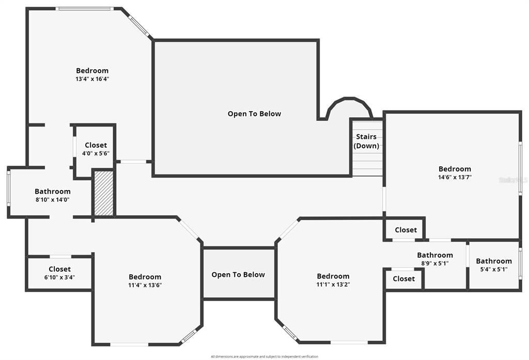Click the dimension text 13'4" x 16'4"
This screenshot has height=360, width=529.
[x=92, y=79]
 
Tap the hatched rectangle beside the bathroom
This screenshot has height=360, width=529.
[x=103, y=193]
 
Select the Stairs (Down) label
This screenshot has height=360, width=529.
[x=366, y=142]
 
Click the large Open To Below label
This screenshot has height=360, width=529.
[x=254, y=114]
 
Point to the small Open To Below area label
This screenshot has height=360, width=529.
[x=238, y=275]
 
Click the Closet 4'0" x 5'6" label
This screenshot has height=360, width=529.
[x=96, y=149]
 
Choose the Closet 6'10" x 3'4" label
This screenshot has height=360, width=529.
[x=59, y=273]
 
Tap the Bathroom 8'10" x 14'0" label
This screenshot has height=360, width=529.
[x=52, y=195]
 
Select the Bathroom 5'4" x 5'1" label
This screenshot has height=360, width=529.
[x=494, y=265]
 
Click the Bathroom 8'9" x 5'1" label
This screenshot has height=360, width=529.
[x=434, y=259]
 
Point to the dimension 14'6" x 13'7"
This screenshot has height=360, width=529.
[x=455, y=177]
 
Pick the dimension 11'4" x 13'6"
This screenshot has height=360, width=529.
[x=145, y=285]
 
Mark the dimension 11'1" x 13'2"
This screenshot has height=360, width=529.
[x=333, y=284]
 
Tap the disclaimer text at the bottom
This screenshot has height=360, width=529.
[x=264, y=356]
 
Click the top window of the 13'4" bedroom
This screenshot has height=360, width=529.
[x=84, y=9]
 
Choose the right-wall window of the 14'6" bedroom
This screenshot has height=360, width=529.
[x=520, y=168]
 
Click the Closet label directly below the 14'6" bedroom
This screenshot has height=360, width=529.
[x=406, y=230]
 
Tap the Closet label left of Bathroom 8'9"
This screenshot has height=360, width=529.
[x=403, y=279]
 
